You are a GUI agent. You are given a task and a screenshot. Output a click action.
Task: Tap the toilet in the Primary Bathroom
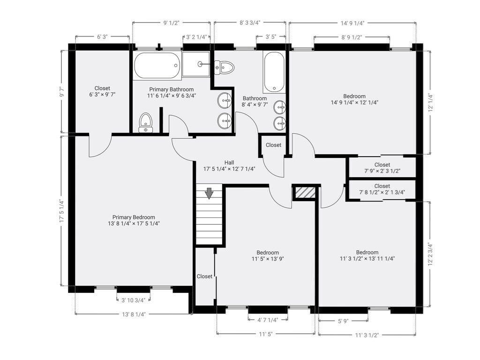coord(146,123)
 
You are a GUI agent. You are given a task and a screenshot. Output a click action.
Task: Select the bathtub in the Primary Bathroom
coord(157,66)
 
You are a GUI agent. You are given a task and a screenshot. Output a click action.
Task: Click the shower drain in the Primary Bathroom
coord(200,64)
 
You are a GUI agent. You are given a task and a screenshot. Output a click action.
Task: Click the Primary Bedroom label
coord(134,217)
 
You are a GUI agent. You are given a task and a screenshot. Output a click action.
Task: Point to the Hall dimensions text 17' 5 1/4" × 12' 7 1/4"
coord(229,169)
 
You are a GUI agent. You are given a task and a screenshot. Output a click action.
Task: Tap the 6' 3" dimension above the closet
coord(103,37)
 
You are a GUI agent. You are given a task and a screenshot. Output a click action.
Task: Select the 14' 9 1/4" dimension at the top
coord(352,23)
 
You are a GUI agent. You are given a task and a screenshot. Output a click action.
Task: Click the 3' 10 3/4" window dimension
coord(134,300)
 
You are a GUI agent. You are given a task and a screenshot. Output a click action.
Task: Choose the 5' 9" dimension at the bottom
coord(343,321)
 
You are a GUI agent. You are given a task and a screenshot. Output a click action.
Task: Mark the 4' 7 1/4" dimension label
coord(268,320)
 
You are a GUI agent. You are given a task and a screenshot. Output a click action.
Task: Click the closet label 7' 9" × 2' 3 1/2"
coord(382,171)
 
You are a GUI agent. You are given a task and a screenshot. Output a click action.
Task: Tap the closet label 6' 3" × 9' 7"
coord(102,95)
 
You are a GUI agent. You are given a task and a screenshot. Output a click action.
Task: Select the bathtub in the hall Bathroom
coord(274,72)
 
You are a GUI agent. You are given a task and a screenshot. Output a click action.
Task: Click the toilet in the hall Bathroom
coord(224,67)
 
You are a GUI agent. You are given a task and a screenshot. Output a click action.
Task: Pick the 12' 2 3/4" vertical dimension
coord(430,255)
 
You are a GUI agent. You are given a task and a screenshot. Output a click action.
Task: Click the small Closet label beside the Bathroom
coord(273,145)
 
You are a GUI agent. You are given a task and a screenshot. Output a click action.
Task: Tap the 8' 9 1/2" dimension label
coord(352,37)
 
